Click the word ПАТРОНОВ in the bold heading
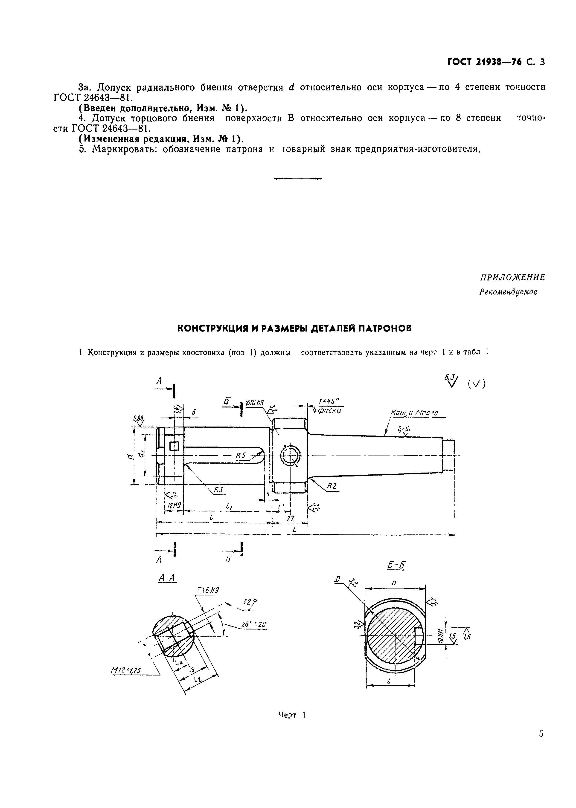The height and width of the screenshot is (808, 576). (385, 329)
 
